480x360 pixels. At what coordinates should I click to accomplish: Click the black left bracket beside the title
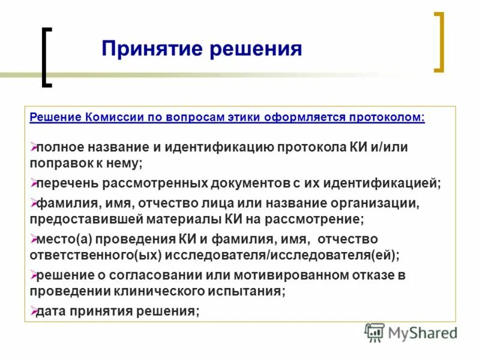tap(45, 58)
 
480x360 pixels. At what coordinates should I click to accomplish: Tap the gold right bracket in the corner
tap(439, 42)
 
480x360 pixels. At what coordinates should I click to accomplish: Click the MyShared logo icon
tap(374, 332)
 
